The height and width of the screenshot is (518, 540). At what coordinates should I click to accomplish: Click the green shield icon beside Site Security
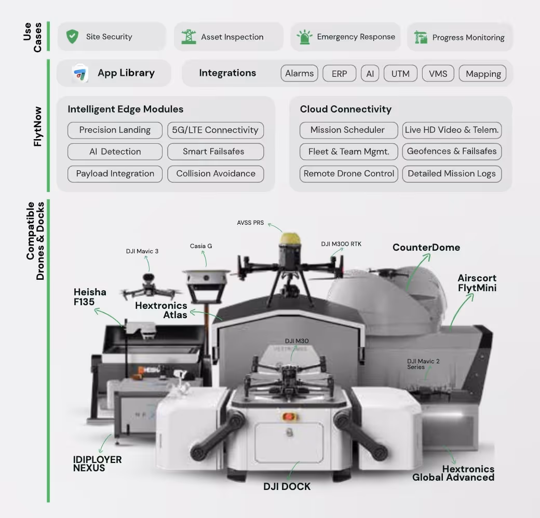[72, 36]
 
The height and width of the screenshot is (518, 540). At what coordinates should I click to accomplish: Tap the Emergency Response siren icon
[303, 37]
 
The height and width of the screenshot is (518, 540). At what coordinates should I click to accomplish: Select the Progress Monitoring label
[468, 37]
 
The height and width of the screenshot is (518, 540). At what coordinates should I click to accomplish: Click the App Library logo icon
[80, 73]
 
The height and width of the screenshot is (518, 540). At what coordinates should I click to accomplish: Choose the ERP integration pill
[339, 74]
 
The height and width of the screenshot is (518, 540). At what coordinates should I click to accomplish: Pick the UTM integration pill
[400, 74]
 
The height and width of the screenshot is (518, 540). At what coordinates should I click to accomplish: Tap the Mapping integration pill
[483, 74]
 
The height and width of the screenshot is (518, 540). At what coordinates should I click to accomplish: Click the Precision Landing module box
[115, 130]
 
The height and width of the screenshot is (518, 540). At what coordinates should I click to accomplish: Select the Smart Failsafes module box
[215, 152]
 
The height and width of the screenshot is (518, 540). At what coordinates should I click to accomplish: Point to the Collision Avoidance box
[215, 174]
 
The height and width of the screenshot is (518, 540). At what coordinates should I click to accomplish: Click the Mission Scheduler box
[348, 130]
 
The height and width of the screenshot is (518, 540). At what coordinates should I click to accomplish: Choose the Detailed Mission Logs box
[451, 174]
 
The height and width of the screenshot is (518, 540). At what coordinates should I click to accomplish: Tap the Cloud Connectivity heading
[345, 109]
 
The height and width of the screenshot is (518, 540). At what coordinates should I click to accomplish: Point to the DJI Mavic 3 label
[142, 251]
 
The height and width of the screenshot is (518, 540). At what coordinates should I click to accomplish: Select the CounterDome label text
[426, 247]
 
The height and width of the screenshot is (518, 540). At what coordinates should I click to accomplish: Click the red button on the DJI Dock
[288, 416]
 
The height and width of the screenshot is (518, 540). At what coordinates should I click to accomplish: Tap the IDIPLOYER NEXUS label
[97, 464]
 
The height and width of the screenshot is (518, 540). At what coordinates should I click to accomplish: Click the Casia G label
[201, 246]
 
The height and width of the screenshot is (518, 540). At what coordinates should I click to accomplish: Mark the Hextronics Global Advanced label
[453, 473]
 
